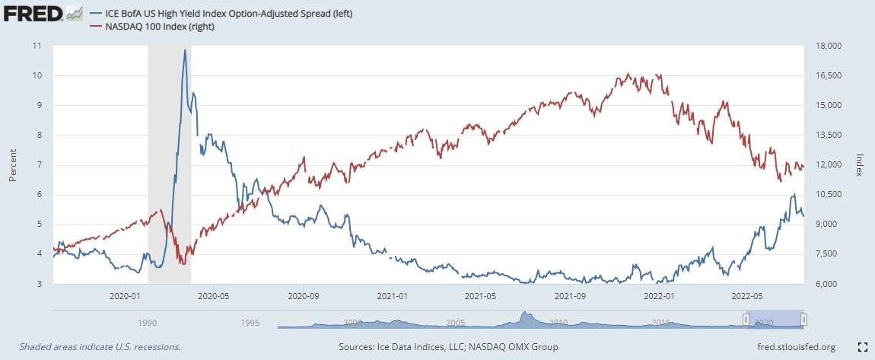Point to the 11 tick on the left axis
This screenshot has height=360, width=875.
(37, 46)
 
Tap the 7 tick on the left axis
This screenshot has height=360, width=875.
(39, 165)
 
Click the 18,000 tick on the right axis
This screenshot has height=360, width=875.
(826, 46)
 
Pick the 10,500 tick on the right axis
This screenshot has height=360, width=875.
(826, 195)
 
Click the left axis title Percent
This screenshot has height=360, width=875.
(13, 164)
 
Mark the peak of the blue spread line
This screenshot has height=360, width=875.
(184, 50)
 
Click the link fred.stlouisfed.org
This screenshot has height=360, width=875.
(792, 347)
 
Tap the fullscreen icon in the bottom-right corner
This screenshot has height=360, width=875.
(862, 347)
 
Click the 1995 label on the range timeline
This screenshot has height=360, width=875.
(249, 323)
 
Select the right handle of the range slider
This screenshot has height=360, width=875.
(803, 320)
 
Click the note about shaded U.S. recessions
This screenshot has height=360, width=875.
(100, 347)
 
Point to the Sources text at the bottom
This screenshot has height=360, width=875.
(448, 347)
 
